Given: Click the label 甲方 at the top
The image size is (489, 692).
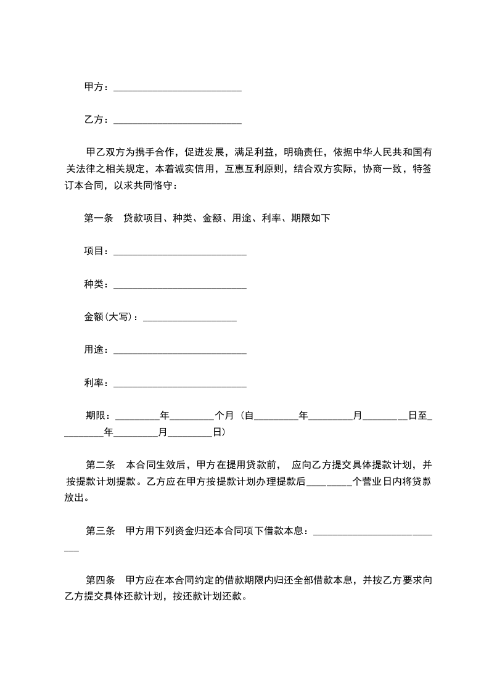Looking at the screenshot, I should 94,87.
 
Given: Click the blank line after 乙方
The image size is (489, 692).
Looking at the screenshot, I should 178,120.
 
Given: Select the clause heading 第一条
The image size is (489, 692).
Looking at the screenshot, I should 98,218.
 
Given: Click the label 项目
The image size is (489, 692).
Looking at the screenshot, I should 94,251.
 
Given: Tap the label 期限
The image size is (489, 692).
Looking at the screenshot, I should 97,416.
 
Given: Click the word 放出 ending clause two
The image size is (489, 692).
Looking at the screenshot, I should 75,498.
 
